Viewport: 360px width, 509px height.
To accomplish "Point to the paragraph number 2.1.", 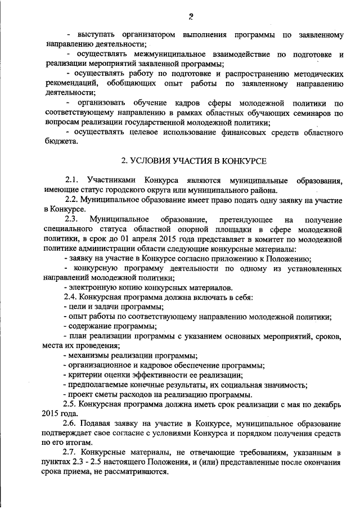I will [x=73, y=180].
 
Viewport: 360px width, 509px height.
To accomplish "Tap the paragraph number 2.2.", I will [x=71, y=199].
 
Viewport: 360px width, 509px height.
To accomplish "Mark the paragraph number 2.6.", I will [x=71, y=423].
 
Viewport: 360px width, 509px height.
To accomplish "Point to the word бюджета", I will [x=58, y=142].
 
